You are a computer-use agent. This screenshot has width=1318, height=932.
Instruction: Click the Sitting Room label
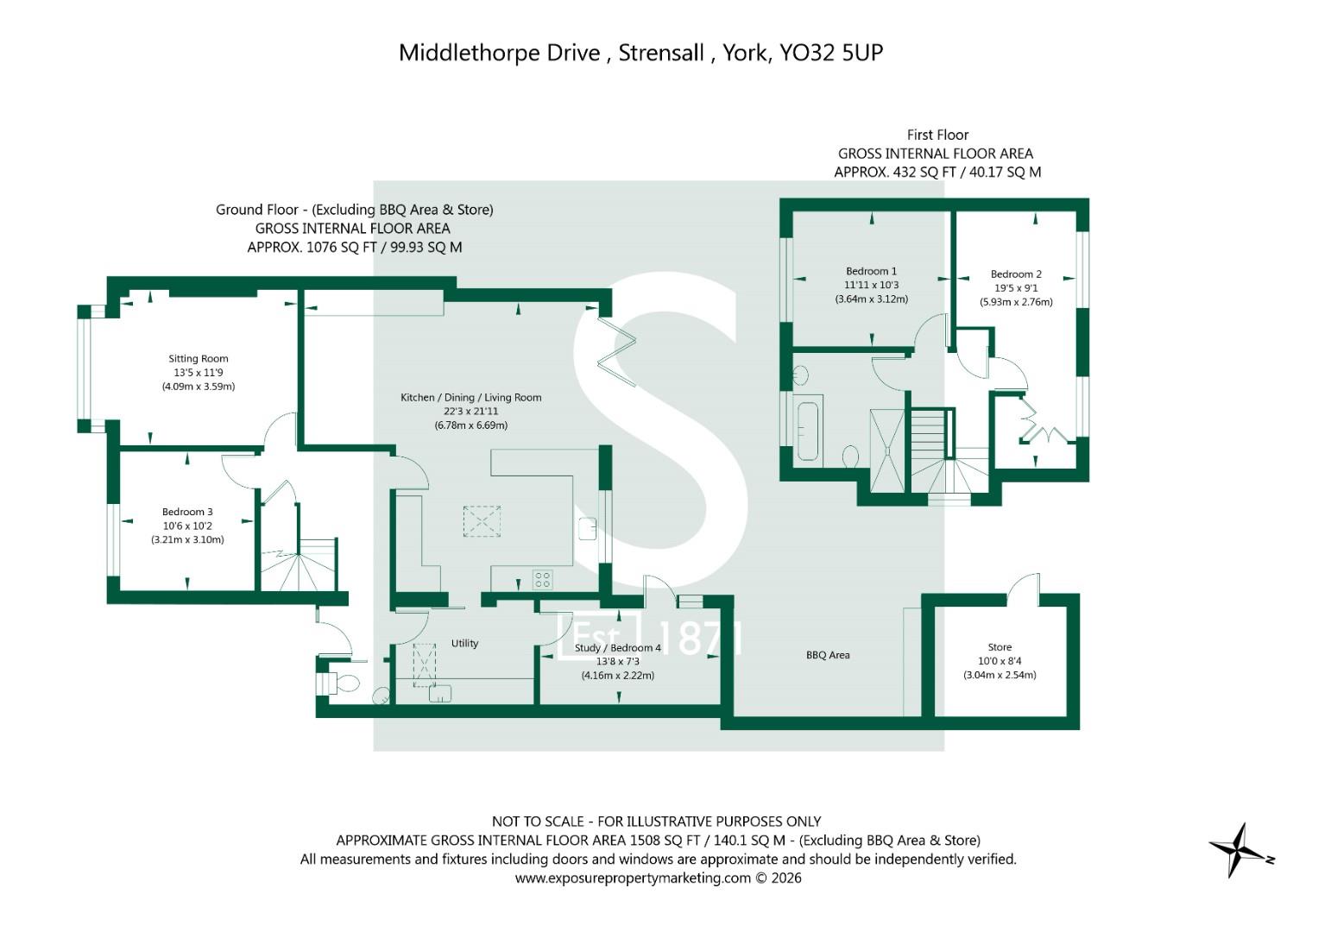pyautogui.click(x=199, y=358)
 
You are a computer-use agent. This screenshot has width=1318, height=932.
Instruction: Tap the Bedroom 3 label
pyautogui.click(x=187, y=512)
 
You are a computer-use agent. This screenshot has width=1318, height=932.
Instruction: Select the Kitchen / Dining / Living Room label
pyautogui.click(x=470, y=398)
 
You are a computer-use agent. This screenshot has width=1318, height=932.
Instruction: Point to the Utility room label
pyautogui.click(x=465, y=643)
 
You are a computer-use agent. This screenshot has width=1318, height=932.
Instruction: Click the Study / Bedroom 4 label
pyautogui.click(x=618, y=648)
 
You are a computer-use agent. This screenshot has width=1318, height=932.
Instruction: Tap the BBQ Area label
pyautogui.click(x=828, y=655)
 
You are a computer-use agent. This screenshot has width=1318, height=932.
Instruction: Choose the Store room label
pyautogui.click(x=1000, y=646)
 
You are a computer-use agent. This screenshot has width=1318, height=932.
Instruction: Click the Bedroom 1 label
pyautogui.click(x=872, y=271)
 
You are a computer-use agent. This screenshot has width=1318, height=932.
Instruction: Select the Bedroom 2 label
pyautogui.click(x=1016, y=274)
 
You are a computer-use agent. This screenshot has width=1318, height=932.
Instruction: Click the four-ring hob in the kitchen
pyautogui.click(x=543, y=580)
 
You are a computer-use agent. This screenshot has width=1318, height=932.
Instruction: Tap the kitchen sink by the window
pyautogui.click(x=588, y=528)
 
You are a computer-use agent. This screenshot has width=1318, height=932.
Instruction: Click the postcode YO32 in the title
pyautogui.click(x=805, y=53)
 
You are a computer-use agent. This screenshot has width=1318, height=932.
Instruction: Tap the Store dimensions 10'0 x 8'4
pyautogui.click(x=1000, y=661)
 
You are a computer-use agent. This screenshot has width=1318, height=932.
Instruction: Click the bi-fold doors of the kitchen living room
pyautogui.click(x=618, y=352)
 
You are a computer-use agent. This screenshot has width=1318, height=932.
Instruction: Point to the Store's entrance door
pyautogui.click(x=1024, y=588)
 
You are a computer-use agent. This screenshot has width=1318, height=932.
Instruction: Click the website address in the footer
pyautogui.click(x=633, y=878)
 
